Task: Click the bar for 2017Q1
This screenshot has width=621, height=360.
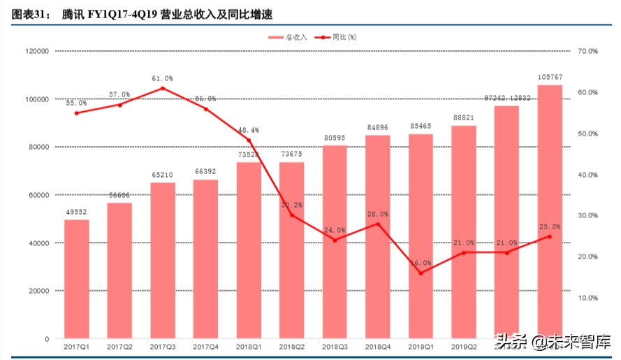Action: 77,279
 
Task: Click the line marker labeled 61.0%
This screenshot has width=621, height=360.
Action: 163,88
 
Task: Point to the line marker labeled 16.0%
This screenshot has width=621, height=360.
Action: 421,273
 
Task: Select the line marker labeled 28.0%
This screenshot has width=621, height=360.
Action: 378,224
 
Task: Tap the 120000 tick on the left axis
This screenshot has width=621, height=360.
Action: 35,52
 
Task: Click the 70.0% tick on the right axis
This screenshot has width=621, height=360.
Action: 588,52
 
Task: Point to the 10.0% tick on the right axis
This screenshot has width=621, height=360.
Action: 588,298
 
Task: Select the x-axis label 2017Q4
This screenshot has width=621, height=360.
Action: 205,347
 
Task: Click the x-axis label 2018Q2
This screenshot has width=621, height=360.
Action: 291,347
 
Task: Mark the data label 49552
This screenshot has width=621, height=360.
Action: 77,212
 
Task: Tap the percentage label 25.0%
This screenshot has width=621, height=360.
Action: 550,226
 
